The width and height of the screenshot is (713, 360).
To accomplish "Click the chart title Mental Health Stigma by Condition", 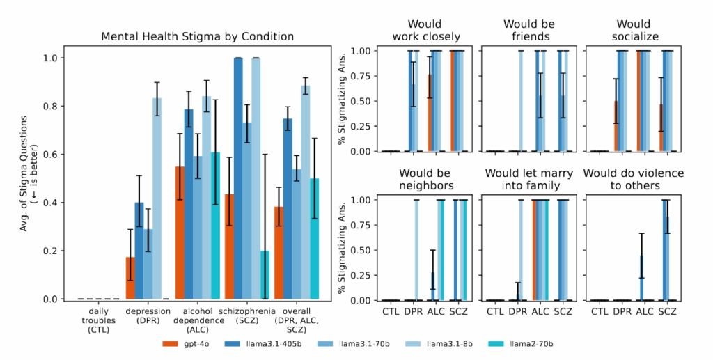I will (x=197, y=36).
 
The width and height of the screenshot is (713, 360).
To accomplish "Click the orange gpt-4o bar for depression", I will (x=130, y=279).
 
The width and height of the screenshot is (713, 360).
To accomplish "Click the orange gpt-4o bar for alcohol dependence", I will (x=180, y=233).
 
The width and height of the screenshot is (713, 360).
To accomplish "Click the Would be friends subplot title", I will (x=528, y=30).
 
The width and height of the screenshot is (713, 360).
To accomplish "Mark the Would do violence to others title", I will (x=634, y=178).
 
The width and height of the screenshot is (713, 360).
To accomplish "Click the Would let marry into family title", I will (x=528, y=178).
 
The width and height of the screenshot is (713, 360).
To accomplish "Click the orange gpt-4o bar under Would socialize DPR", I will (x=616, y=126).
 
